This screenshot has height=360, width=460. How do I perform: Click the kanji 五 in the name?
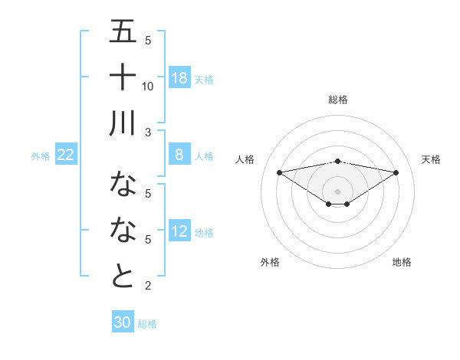point(123,33)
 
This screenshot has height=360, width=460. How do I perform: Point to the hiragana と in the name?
point(123,276)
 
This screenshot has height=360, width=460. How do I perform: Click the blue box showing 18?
point(179,78)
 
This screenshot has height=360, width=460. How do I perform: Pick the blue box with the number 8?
point(179,155)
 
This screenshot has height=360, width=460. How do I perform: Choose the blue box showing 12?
point(179,231)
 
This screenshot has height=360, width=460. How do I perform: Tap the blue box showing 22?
point(65,155)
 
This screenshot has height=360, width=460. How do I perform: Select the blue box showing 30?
point(122,322)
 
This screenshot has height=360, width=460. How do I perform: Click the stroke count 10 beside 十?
point(148,86)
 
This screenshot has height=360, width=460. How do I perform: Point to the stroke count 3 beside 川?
point(148,132)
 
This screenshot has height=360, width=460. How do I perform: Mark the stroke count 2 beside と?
point(148,286)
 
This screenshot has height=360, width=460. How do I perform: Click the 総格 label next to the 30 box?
point(147,324)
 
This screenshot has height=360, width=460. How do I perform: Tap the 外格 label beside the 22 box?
point(41,155)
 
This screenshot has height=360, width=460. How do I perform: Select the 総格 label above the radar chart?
point(337,100)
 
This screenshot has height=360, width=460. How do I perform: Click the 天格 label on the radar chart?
point(431,159)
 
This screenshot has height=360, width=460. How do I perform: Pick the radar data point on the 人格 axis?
point(279,172)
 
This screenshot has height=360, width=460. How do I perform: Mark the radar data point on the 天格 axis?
point(396,172)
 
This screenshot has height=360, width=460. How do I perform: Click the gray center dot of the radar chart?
point(337,190)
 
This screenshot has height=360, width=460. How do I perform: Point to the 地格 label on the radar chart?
point(402,262)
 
